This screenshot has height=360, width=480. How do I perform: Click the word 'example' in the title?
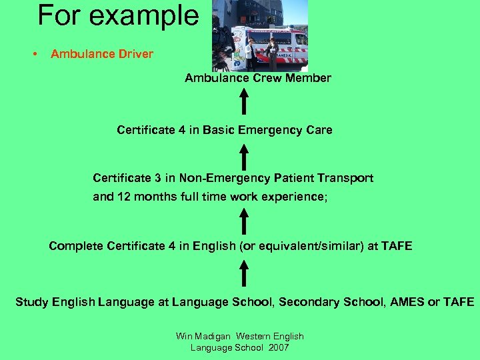tap(156, 16)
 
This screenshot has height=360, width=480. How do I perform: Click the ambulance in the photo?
tap(280, 43)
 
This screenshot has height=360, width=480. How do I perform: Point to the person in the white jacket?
tap(249, 53)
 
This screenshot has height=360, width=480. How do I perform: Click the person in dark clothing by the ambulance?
tap(271, 53)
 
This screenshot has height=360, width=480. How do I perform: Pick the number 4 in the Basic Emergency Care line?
tap(182, 130)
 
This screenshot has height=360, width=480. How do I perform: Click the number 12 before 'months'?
tap(123, 197)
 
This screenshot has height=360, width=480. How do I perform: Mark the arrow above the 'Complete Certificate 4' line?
tap(244, 221)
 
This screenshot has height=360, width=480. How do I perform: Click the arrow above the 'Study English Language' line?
tap(244, 273)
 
